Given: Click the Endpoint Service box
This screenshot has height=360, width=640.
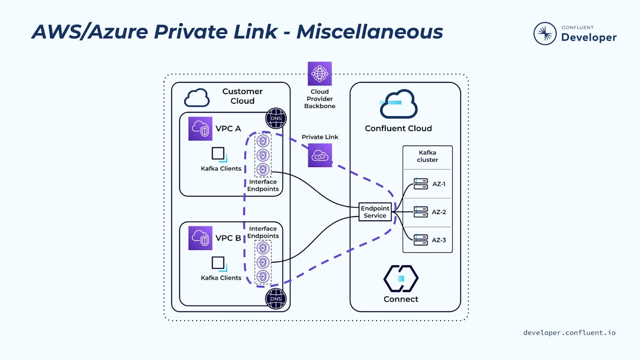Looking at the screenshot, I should pyautogui.click(x=375, y=212).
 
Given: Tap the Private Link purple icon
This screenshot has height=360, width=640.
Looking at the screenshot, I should pyautogui.click(x=320, y=155).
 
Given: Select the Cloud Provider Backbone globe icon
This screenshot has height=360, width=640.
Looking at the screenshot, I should pyautogui.click(x=320, y=74).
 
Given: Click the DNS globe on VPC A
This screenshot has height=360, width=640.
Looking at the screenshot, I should pyautogui.click(x=276, y=118).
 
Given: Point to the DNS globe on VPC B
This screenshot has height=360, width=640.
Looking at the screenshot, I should pyautogui.click(x=276, y=298).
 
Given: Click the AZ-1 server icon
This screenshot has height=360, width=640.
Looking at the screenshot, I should pyautogui.click(x=421, y=184).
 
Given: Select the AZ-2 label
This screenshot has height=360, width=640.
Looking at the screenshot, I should pyautogui.click(x=439, y=212).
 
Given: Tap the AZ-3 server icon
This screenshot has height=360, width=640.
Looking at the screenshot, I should pyautogui.click(x=421, y=240).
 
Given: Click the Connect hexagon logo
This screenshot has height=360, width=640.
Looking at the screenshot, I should pyautogui.click(x=401, y=278).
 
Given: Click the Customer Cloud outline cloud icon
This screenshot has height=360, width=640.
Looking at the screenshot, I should pyautogui.click(x=197, y=98).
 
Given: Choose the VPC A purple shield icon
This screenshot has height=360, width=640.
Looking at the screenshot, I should pyautogui.click(x=200, y=129).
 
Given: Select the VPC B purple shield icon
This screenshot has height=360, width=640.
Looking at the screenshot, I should pyautogui.click(x=200, y=238).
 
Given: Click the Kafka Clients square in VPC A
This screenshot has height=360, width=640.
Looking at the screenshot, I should pyautogui.click(x=218, y=154).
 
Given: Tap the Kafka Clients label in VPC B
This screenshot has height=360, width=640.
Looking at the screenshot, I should pyautogui.click(x=221, y=278).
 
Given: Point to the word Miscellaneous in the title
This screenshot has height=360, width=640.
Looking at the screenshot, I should pyautogui.click(x=370, y=32).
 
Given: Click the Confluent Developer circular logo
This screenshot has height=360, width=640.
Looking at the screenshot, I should pyautogui.click(x=545, y=34).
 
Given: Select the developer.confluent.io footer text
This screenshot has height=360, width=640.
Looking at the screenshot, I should pyautogui.click(x=569, y=332).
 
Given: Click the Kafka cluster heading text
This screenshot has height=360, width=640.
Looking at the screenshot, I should pyautogui.click(x=427, y=156).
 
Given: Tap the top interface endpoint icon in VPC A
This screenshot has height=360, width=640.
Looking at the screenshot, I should pyautogui.click(x=263, y=141).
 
